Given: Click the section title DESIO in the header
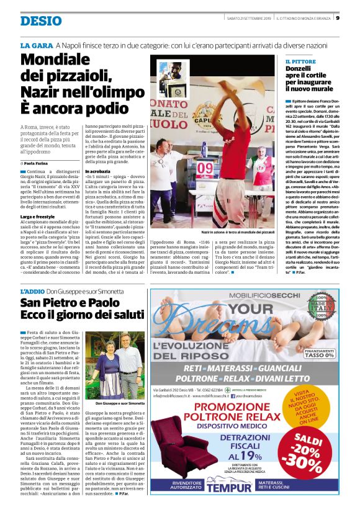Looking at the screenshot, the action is point(41,20).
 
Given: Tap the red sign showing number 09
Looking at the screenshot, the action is point(205,167).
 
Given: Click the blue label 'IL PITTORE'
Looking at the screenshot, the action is point(300,62).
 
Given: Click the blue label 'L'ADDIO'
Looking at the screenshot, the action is point(32,291).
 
